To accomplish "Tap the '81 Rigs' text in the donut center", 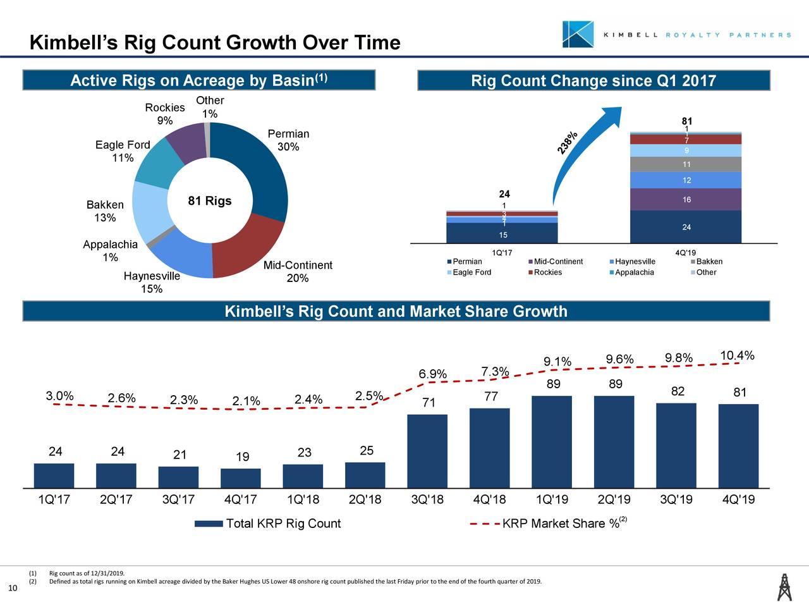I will pyautogui.click(x=210, y=202).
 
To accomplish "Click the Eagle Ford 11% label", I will pyautogui.click(x=123, y=151).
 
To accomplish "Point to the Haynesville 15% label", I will pyautogui.click(x=152, y=283).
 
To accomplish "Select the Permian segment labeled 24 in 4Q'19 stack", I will pyautogui.click(x=686, y=227).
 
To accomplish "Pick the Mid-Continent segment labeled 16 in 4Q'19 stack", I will pyautogui.click(x=686, y=200).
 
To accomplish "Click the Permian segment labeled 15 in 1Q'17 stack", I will pyautogui.click(x=502, y=234).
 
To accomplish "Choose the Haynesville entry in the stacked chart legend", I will pyautogui.click(x=634, y=262).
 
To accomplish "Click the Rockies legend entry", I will pyautogui.click(x=547, y=273).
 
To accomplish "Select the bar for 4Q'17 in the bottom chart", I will pyautogui.click(x=241, y=478).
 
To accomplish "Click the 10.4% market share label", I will pyautogui.click(x=737, y=355).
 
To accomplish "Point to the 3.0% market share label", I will pyautogui.click(x=60, y=396).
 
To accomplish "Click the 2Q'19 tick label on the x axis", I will pyautogui.click(x=614, y=500).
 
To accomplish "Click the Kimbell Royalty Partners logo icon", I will pyautogui.click(x=578, y=34).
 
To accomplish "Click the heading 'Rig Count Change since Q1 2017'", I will pyautogui.click(x=593, y=81).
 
